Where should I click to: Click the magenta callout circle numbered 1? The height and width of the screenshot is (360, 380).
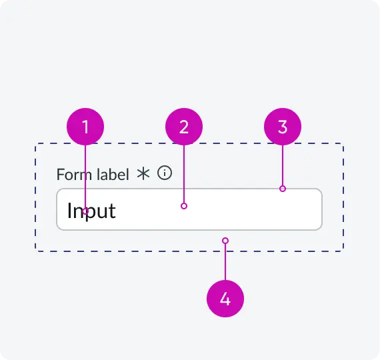coord(85,127)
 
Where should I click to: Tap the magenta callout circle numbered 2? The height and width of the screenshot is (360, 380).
coord(184,127)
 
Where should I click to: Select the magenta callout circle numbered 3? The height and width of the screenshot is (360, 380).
coord(283,127)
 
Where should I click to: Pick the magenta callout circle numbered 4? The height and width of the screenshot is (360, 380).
coord(225,299)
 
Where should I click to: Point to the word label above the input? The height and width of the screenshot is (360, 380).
coord(113,174)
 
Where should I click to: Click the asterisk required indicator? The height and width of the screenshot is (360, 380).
coord(143,174)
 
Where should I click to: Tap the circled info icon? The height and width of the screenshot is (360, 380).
coord(165,173)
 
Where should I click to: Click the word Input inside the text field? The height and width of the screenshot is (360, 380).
coord(91,211)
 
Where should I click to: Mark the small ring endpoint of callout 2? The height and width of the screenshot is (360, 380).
coord(184,206)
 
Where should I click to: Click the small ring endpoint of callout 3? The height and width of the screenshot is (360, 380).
coord(283,189)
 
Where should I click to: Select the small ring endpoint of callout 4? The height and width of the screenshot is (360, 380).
coord(225,241)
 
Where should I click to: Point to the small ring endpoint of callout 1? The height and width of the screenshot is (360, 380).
coord(85,211)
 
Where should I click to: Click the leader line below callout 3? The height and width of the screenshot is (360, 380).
coord(283,165)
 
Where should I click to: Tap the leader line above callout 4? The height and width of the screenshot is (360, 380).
coord(225,262)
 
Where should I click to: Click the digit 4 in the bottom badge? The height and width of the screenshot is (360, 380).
coord(225,299)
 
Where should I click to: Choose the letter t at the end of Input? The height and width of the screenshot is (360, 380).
coord(112,211)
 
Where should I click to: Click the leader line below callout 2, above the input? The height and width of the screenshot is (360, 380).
coord(184,174)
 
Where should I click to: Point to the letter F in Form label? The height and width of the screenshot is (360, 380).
coord(61,175)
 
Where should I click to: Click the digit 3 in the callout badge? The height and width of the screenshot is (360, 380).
coord(283,127)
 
